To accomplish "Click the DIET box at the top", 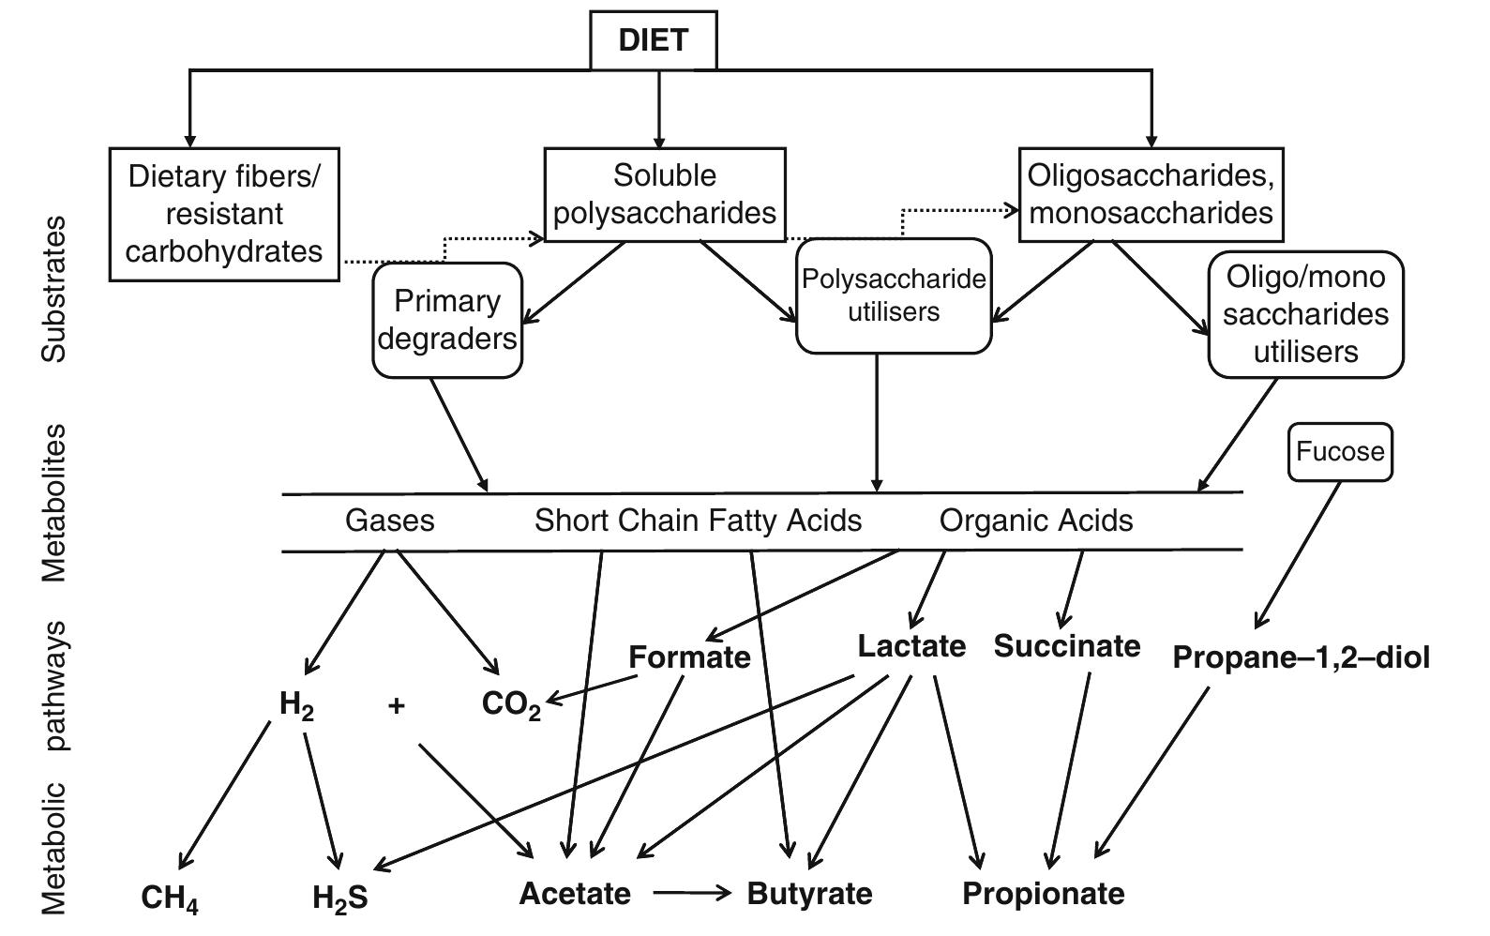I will pyautogui.click(x=654, y=40).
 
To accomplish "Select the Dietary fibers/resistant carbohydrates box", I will pyautogui.click(x=224, y=214).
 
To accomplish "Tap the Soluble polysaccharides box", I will pyautogui.click(x=664, y=194).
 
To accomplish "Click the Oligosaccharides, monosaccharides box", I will pyautogui.click(x=1151, y=194).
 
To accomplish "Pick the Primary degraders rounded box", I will pyautogui.click(x=447, y=320).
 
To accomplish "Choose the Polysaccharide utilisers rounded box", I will pyautogui.click(x=894, y=295).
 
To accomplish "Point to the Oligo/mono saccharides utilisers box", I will pyautogui.click(x=1305, y=314).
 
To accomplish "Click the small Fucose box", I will pyautogui.click(x=1340, y=452).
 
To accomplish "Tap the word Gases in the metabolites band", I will pyautogui.click(x=389, y=521).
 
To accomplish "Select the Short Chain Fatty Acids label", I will pyautogui.click(x=698, y=521).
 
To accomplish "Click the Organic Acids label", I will pyautogui.click(x=1036, y=521).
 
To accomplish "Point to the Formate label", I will pyautogui.click(x=689, y=657).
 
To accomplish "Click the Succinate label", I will pyautogui.click(x=1067, y=646).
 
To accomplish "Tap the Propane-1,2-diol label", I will pyautogui.click(x=1302, y=657).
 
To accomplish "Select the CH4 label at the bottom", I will pyautogui.click(x=170, y=898).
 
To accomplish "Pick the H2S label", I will pyautogui.click(x=340, y=898).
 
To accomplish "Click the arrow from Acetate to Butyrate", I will pyautogui.click(x=691, y=894).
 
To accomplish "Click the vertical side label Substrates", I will pyautogui.click(x=54, y=289).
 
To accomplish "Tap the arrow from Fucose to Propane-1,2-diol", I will pyautogui.click(x=1298, y=554).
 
